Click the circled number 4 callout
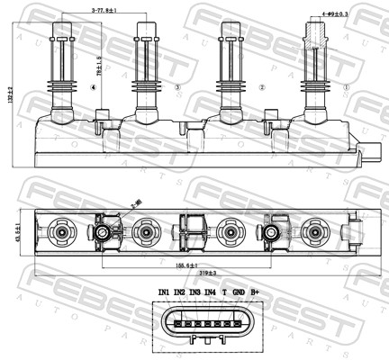(94, 87)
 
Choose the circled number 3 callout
(177, 87)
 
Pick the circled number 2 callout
(261, 87)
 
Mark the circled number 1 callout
(345, 87)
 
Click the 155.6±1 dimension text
(188, 266)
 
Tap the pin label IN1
(163, 292)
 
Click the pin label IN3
(194, 292)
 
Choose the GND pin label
(238, 292)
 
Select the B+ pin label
(255, 292)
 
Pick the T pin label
(223, 292)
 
